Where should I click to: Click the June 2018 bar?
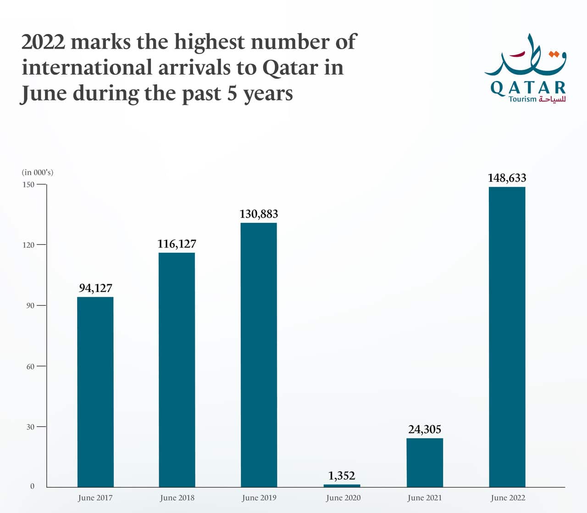click(177, 370)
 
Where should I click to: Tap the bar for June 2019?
click(259, 355)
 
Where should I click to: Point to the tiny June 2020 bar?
click(342, 485)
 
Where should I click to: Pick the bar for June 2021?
click(425, 462)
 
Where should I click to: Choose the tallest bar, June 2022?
click(507, 337)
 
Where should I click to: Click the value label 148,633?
click(507, 178)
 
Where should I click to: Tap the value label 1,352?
click(342, 475)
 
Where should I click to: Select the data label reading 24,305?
click(425, 429)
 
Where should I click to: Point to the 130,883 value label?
click(259, 214)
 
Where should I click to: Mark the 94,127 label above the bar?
click(95, 288)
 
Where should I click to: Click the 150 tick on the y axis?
click(28, 185)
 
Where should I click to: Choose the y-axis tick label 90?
click(30, 305)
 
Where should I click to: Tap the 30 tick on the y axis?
click(30, 427)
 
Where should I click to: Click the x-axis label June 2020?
click(343, 498)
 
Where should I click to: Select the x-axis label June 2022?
click(508, 498)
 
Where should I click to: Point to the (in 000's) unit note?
click(38, 172)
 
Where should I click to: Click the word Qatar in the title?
click(290, 68)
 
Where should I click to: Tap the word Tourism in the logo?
click(522, 99)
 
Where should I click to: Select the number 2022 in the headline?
click(44, 42)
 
